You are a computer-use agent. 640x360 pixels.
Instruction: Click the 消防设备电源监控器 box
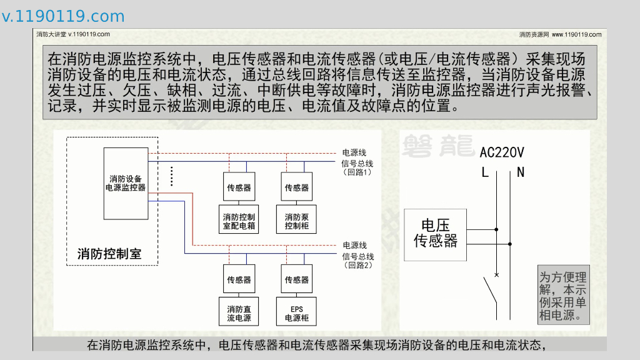coord(126,183)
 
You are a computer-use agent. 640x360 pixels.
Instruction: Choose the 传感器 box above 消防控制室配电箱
coord(239,187)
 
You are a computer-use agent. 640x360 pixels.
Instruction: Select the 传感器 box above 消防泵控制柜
coord(297,187)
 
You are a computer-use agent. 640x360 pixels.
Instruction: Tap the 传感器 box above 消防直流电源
coord(239,279)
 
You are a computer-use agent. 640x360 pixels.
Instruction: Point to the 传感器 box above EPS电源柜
coord(297,279)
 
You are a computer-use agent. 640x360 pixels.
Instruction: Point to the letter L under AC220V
coord(485,172)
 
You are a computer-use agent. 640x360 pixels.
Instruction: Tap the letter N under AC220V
coord(521,172)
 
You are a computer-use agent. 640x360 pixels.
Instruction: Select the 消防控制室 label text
coord(109,254)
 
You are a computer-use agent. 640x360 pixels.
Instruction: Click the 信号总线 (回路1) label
coord(357,167)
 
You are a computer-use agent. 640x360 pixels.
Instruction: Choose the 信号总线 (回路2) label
coord(357,261)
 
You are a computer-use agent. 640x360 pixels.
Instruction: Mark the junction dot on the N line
coord(510,244)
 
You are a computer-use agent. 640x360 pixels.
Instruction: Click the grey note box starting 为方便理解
coord(563,296)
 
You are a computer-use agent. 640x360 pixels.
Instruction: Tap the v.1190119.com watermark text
coord(63,16)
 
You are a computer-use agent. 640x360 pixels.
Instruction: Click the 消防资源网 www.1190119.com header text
coord(560,34)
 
